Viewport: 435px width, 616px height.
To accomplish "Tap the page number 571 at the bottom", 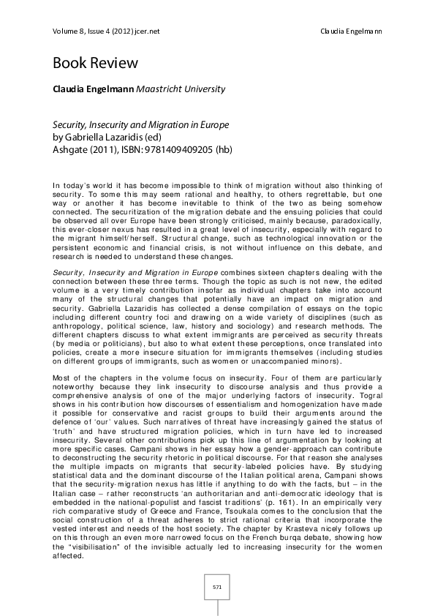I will coord(217,586).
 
